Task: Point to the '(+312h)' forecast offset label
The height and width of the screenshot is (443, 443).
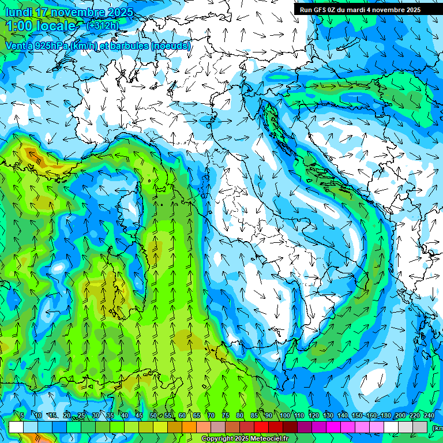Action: click(x=102, y=25)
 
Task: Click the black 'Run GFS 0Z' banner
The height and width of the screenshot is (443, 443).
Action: click(x=360, y=9)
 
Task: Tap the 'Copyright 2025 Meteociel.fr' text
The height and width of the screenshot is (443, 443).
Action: click(x=244, y=439)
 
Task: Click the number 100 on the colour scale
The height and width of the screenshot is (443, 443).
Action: click(x=285, y=415)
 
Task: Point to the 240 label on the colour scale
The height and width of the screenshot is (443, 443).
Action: click(x=429, y=415)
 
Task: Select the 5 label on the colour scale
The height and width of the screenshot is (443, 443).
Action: click(x=22, y=415)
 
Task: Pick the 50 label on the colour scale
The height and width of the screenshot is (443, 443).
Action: click(x=153, y=415)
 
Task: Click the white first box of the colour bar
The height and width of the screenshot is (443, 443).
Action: click(x=16, y=427)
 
